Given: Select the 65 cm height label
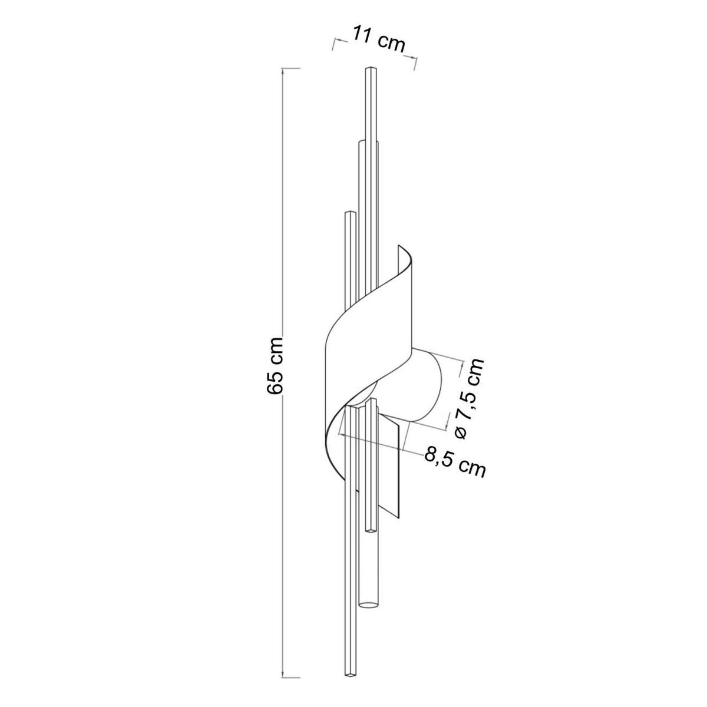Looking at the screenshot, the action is click(275, 366).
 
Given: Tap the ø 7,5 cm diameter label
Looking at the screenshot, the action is click(469, 398).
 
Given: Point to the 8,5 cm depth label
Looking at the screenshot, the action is click(455, 464).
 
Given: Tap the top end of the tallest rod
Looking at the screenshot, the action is click(371, 68).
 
